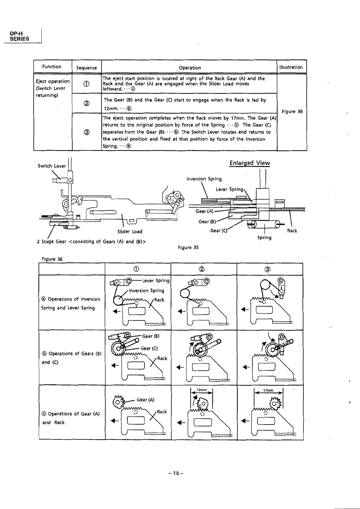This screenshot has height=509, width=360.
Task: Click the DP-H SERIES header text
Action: (19, 36)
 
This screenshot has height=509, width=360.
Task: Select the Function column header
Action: (52, 67)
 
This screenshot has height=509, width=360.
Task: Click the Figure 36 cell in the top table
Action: (292, 112)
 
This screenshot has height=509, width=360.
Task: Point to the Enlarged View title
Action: (250, 163)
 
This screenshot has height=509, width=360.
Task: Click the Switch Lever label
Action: (52, 166)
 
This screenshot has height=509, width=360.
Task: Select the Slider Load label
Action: (130, 232)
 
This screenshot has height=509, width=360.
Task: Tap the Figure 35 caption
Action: (188, 248)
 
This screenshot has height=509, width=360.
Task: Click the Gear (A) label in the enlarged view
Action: (205, 211)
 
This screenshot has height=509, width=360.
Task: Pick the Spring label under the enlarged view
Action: (264, 238)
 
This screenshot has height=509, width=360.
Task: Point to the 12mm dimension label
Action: (201, 390)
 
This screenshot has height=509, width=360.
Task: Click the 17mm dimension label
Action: (268, 390)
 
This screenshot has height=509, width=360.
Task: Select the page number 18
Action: (176, 473)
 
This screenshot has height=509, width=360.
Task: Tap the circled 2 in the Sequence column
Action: (87, 103)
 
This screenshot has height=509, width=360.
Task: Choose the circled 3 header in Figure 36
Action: (268, 269)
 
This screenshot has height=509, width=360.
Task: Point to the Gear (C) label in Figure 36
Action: (149, 348)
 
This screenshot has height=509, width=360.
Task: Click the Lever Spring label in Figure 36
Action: (156, 281)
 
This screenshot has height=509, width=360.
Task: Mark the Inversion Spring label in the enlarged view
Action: (204, 179)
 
